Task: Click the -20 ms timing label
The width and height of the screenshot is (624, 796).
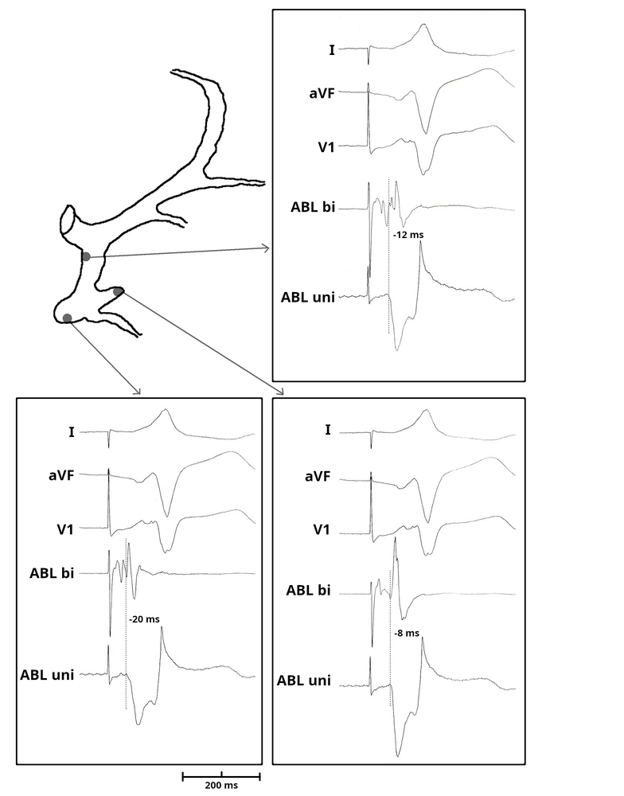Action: tap(143, 618)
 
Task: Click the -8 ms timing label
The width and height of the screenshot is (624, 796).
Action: tap(406, 634)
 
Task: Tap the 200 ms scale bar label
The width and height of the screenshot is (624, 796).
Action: tap(222, 785)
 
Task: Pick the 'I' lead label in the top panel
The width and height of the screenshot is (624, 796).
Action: tap(331, 50)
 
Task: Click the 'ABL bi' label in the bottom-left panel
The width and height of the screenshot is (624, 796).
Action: tap(52, 574)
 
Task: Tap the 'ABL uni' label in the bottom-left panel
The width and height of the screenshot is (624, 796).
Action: tap(47, 675)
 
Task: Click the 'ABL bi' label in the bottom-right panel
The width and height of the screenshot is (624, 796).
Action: tap(309, 591)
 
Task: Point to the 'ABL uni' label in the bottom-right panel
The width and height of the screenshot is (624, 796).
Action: tap(304, 681)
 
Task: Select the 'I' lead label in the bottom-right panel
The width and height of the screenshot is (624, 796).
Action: tap(329, 431)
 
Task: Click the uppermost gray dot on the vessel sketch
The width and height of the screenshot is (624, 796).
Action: tap(86, 256)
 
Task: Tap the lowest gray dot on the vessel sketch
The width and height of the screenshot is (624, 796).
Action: tap(68, 318)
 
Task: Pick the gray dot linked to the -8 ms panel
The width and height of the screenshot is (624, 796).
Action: tap(118, 291)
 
